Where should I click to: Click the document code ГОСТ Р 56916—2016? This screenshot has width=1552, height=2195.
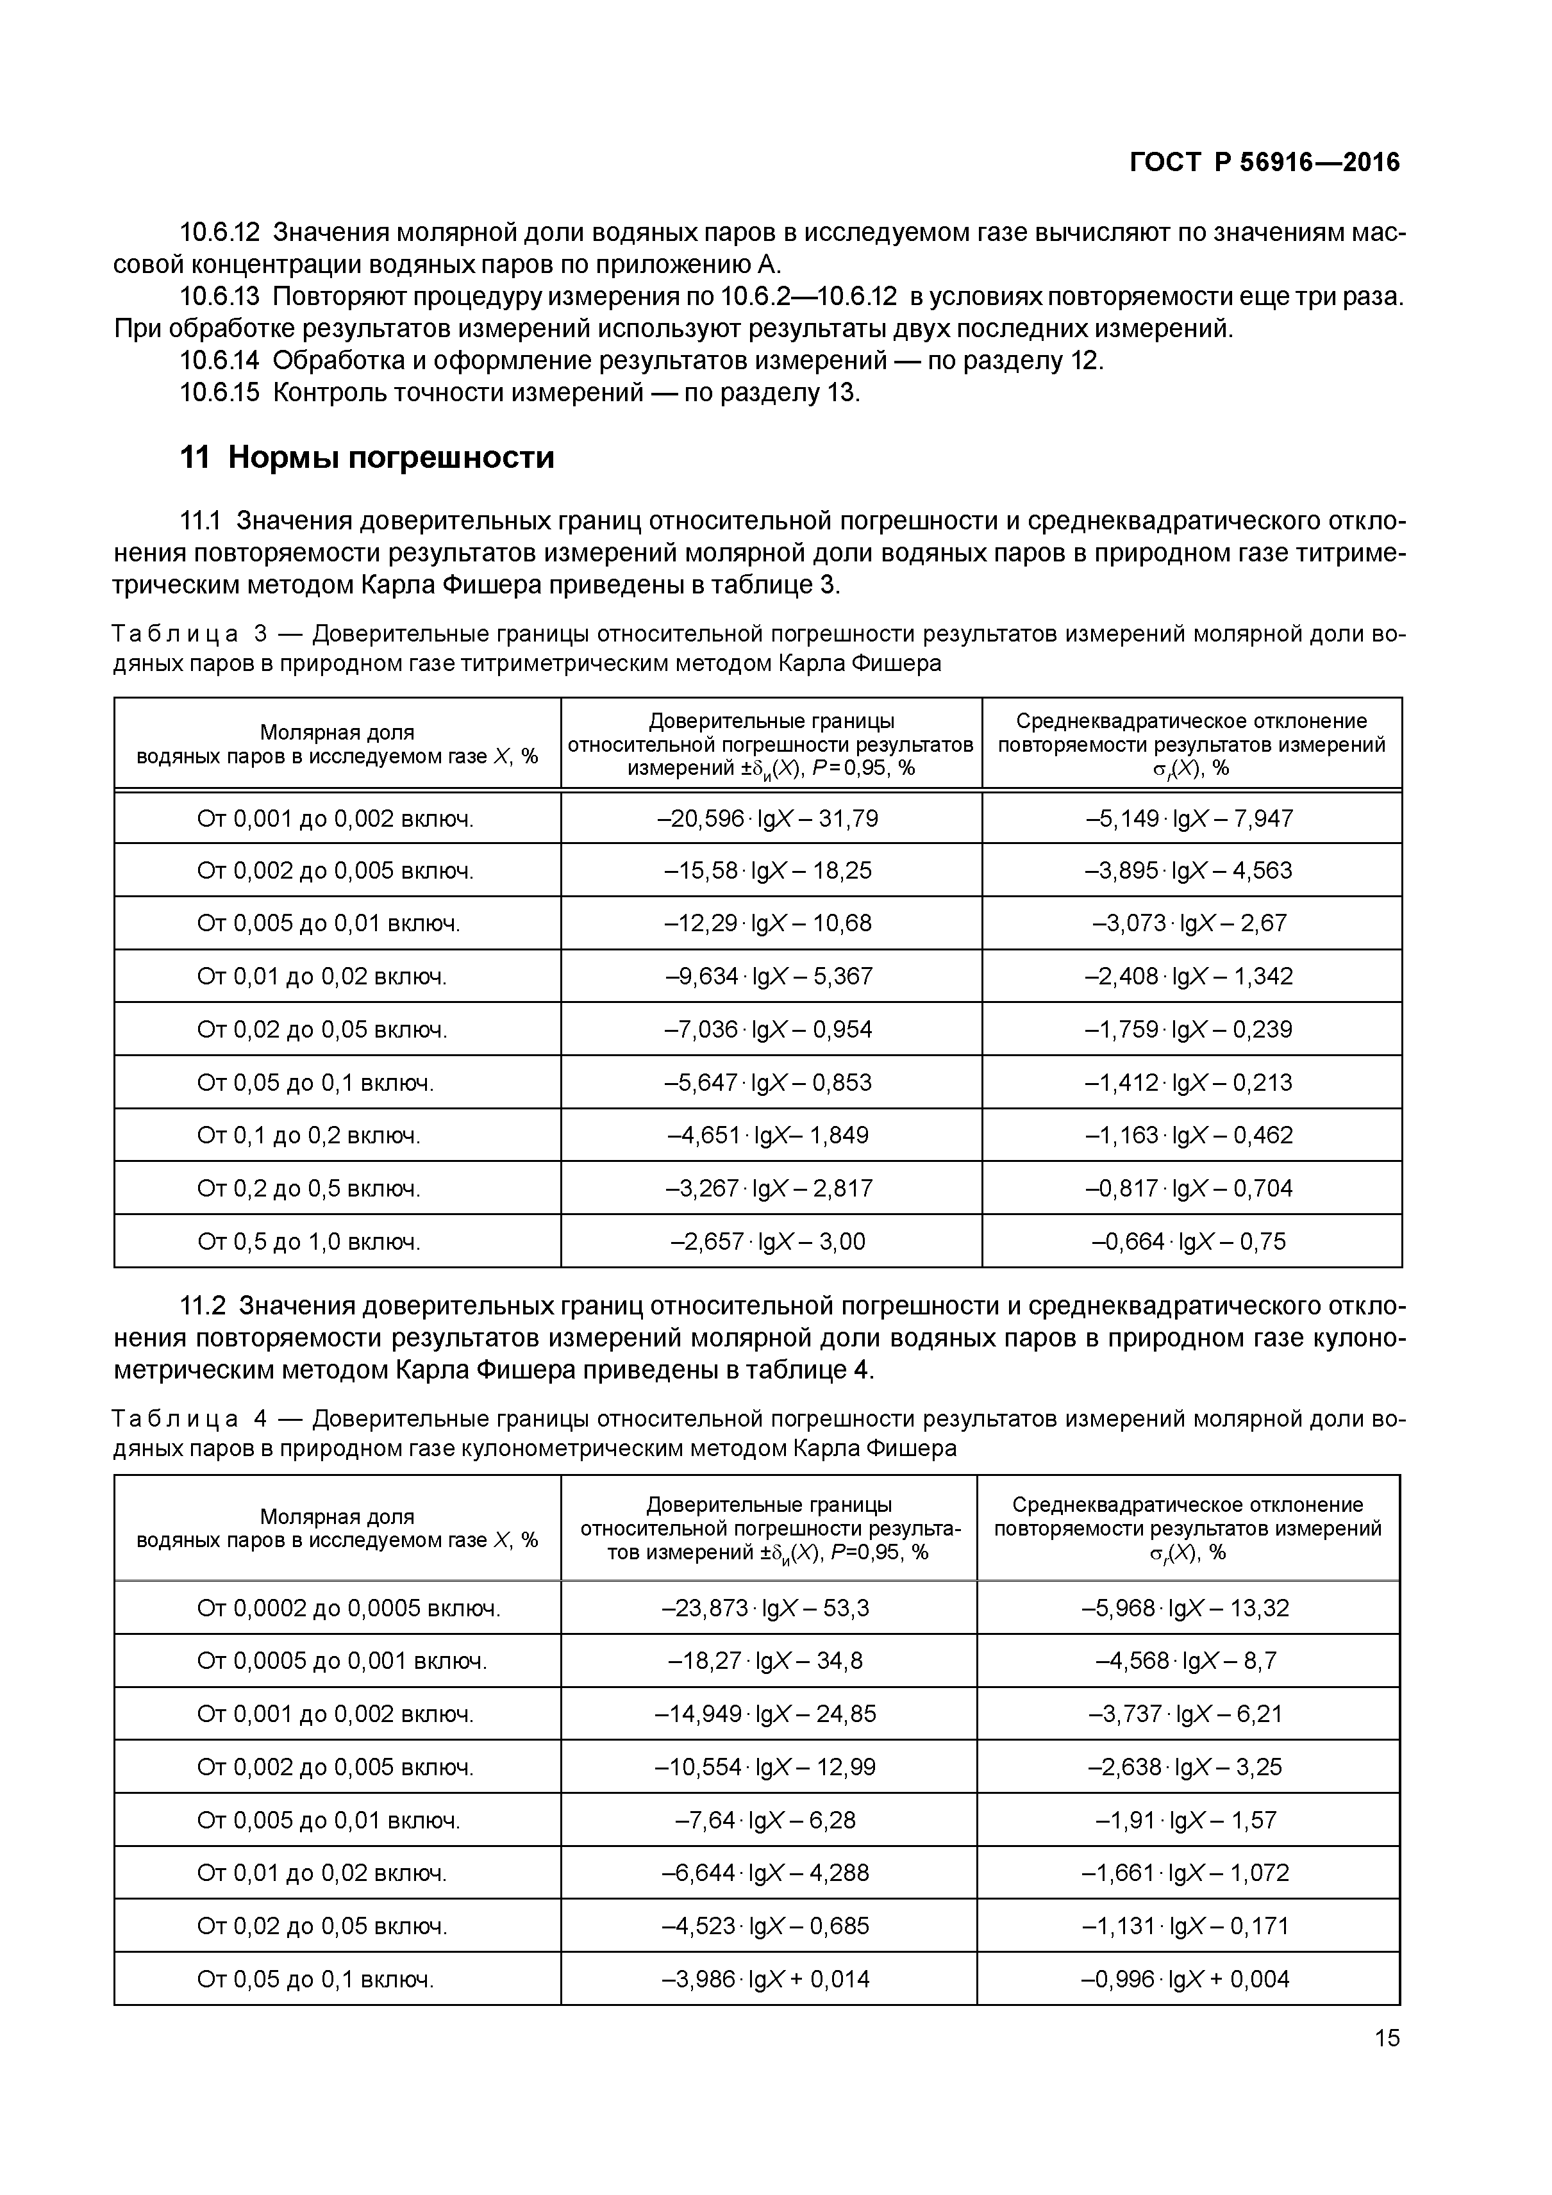[x=1264, y=163]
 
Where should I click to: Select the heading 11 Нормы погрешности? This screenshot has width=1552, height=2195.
[x=367, y=458]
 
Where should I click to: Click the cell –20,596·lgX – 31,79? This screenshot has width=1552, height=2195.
[x=770, y=819]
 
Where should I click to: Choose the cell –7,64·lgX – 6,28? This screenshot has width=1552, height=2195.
[x=766, y=1820]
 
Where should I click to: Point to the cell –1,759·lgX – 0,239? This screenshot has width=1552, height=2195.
[x=1189, y=1030]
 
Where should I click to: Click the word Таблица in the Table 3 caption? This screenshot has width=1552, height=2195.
[x=175, y=634]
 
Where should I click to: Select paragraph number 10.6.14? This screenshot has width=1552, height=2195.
[x=219, y=361]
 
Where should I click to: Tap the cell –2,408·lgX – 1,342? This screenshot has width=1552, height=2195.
[x=1189, y=976]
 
